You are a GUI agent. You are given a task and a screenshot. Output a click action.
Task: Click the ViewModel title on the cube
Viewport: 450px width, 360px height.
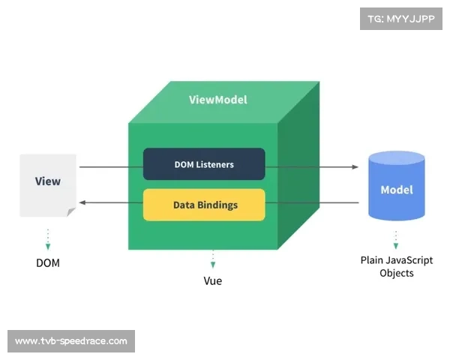(217, 100)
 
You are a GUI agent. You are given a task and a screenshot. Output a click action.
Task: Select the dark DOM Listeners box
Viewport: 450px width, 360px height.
(204, 164)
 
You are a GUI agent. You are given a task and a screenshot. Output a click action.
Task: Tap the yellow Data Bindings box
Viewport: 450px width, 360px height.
(204, 205)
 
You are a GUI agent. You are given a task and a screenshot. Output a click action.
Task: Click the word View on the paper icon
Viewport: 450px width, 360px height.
(48, 181)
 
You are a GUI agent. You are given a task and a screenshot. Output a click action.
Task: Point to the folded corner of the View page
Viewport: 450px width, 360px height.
(71, 213)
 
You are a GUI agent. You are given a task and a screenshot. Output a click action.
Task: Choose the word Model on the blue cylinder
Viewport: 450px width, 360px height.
(397, 190)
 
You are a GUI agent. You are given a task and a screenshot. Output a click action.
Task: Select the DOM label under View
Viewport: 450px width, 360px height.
(48, 263)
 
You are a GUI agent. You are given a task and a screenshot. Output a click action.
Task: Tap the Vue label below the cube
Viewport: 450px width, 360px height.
(213, 281)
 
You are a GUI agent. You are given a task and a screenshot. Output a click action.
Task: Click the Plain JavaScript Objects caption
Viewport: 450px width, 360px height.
(397, 267)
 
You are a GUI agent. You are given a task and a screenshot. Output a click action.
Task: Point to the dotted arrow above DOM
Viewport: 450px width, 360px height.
(48, 239)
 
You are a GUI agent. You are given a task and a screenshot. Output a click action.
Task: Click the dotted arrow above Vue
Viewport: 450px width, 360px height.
(213, 259)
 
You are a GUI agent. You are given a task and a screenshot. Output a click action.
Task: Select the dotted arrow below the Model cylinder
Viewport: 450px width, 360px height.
(397, 239)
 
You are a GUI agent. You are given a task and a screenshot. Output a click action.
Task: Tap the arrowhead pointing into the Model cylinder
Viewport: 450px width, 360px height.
(355, 166)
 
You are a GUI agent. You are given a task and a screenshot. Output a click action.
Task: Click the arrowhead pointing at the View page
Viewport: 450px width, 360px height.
(84, 202)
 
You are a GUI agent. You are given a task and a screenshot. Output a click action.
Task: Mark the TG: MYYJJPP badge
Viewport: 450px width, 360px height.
(401, 19)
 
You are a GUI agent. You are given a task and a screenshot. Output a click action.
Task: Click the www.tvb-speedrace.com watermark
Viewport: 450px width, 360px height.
(71, 341)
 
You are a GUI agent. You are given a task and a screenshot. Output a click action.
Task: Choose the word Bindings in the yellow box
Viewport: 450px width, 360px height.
(217, 205)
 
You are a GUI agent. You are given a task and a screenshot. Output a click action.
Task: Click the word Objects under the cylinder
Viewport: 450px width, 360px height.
(397, 274)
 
